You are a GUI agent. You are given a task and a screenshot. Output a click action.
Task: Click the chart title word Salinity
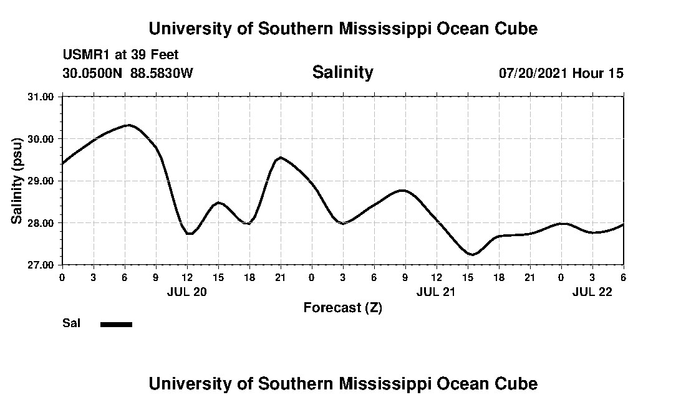(342, 72)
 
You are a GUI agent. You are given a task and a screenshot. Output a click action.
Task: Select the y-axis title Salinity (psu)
(17, 181)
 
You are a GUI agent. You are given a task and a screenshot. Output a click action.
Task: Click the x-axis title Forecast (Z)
(342, 307)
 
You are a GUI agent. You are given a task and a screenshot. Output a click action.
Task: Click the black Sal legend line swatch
(116, 324)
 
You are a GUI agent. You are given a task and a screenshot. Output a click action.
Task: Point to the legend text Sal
(71, 323)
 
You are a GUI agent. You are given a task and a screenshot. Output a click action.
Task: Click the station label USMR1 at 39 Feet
(120, 55)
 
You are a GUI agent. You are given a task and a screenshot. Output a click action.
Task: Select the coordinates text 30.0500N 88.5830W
(128, 73)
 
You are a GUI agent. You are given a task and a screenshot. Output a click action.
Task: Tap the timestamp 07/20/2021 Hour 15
(561, 73)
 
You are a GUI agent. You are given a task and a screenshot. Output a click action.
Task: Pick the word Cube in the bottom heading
(517, 383)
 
